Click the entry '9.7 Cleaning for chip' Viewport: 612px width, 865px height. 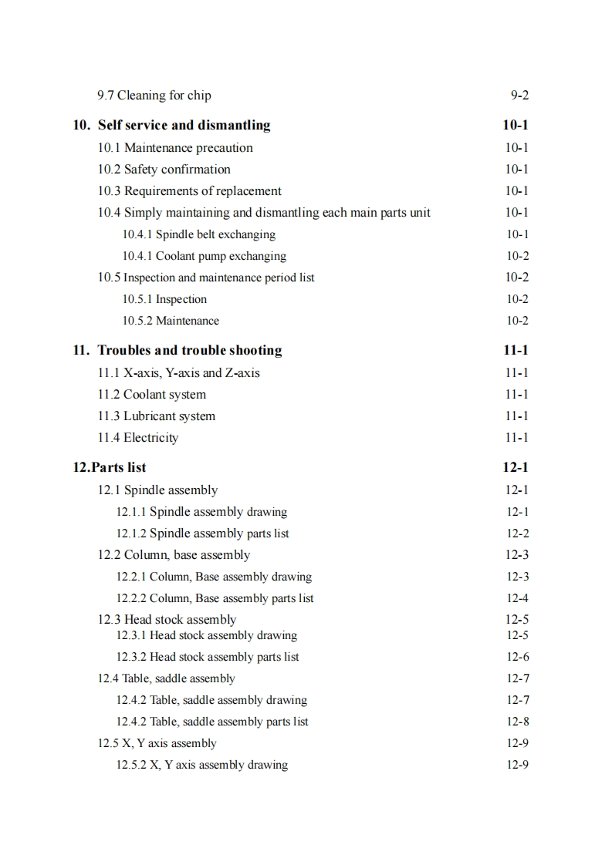154,96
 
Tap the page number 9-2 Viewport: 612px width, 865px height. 519,96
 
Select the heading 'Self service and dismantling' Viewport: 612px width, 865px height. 184,125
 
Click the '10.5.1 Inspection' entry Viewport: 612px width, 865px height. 164,299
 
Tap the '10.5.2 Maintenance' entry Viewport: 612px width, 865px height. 171,321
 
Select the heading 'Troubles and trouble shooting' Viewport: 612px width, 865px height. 189,350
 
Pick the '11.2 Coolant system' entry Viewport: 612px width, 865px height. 151,395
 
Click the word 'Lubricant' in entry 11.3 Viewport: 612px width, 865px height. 150,416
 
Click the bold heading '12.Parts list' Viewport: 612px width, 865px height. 109,467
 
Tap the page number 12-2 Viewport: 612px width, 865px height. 517,533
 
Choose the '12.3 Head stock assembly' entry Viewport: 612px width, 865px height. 167,620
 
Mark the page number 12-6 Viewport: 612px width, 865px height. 517,658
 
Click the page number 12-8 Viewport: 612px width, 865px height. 517,722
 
